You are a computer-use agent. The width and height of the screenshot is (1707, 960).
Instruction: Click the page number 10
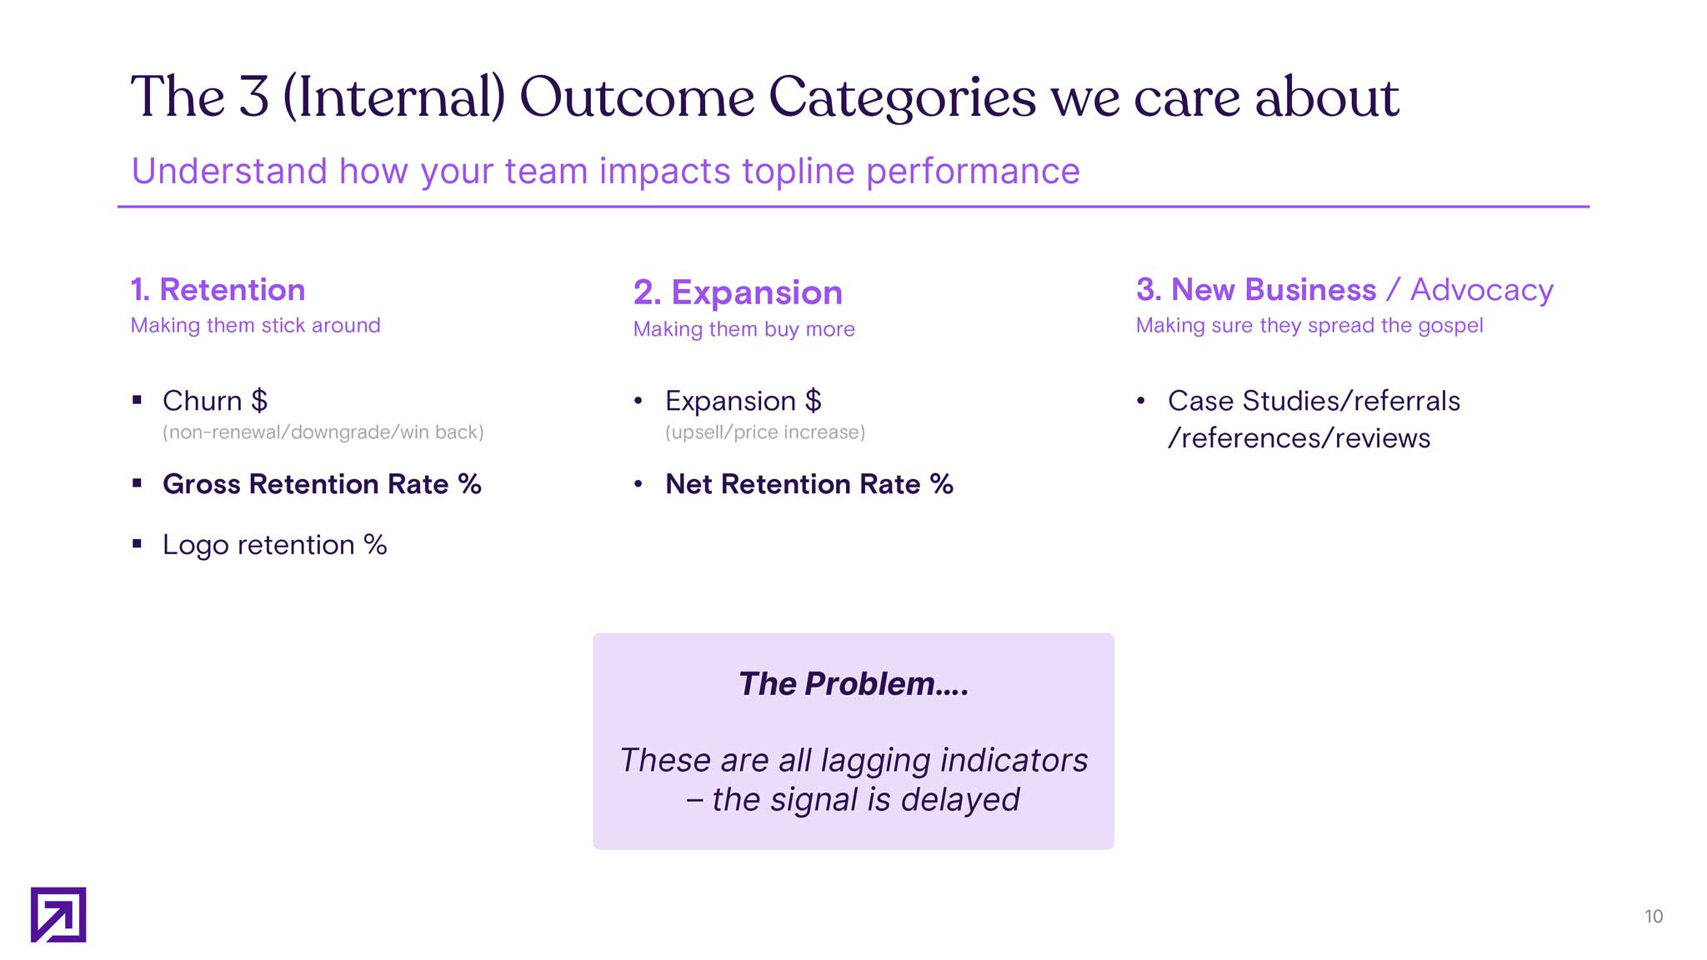point(1653,917)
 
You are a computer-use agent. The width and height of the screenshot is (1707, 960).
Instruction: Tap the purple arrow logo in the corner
point(58,914)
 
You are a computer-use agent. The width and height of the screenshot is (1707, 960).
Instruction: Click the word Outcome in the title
point(637,97)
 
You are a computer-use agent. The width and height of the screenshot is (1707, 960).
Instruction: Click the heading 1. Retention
point(218,290)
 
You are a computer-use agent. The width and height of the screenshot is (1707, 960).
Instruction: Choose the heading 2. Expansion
point(738,292)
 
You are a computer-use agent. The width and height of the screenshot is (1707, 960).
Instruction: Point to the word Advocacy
point(1481,290)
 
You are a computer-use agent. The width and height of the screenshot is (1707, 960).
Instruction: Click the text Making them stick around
point(255,325)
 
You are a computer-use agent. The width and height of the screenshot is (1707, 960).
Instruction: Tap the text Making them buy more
point(743,329)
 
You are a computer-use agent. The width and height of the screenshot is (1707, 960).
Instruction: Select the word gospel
point(1450,325)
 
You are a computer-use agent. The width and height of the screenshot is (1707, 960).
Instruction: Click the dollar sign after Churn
point(259,401)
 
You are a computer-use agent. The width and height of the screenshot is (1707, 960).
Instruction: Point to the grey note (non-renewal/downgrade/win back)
point(323,432)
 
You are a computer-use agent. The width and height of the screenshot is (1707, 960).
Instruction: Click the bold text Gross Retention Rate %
point(322,484)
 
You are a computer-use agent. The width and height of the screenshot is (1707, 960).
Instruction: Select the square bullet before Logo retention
point(137,544)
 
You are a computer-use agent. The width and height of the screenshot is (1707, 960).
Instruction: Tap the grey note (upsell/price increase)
point(764,432)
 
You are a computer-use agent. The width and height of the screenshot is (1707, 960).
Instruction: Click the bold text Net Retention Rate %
point(808,484)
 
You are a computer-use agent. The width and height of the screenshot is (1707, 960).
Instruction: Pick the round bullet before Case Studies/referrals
point(1140,402)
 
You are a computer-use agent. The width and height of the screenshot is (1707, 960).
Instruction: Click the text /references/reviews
point(1299,438)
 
